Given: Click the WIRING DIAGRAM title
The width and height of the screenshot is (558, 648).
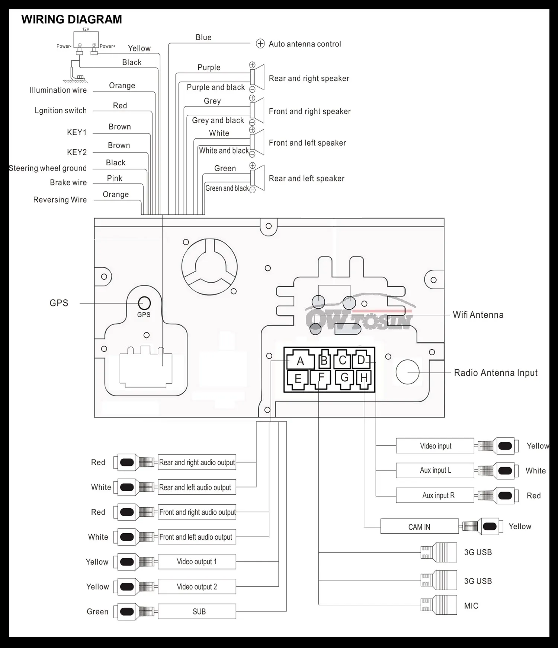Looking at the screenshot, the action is [71, 19].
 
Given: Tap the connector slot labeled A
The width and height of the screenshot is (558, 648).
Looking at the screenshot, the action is [300, 360].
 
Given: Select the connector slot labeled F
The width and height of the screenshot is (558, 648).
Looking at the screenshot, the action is [321, 379].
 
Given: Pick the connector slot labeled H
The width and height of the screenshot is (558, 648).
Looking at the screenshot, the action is [364, 379].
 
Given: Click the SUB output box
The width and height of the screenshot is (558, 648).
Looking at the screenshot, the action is [197, 611].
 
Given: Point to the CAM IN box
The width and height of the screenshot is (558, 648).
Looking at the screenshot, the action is [419, 527].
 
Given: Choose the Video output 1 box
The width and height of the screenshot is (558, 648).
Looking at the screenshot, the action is [197, 562].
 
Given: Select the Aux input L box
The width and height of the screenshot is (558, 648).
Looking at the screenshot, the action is [435, 470].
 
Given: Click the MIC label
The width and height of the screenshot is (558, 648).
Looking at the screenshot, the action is [471, 606].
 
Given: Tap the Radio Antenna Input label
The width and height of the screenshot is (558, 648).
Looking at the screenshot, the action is [496, 373].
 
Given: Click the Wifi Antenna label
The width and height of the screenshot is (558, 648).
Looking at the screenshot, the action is [478, 315].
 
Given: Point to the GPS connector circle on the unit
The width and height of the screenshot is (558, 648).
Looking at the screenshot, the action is [144, 303].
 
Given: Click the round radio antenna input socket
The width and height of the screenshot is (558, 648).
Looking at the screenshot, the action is [407, 372].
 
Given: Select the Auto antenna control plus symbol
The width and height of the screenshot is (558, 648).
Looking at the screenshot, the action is [260, 44].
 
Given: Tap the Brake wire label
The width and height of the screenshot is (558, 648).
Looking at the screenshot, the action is [68, 182].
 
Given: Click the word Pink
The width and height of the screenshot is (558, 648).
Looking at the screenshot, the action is [115, 178].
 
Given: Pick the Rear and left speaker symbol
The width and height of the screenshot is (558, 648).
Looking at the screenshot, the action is [257, 178].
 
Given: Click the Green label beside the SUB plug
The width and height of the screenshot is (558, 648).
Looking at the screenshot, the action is [97, 612].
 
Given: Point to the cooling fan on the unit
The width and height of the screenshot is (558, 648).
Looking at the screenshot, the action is [209, 267].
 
